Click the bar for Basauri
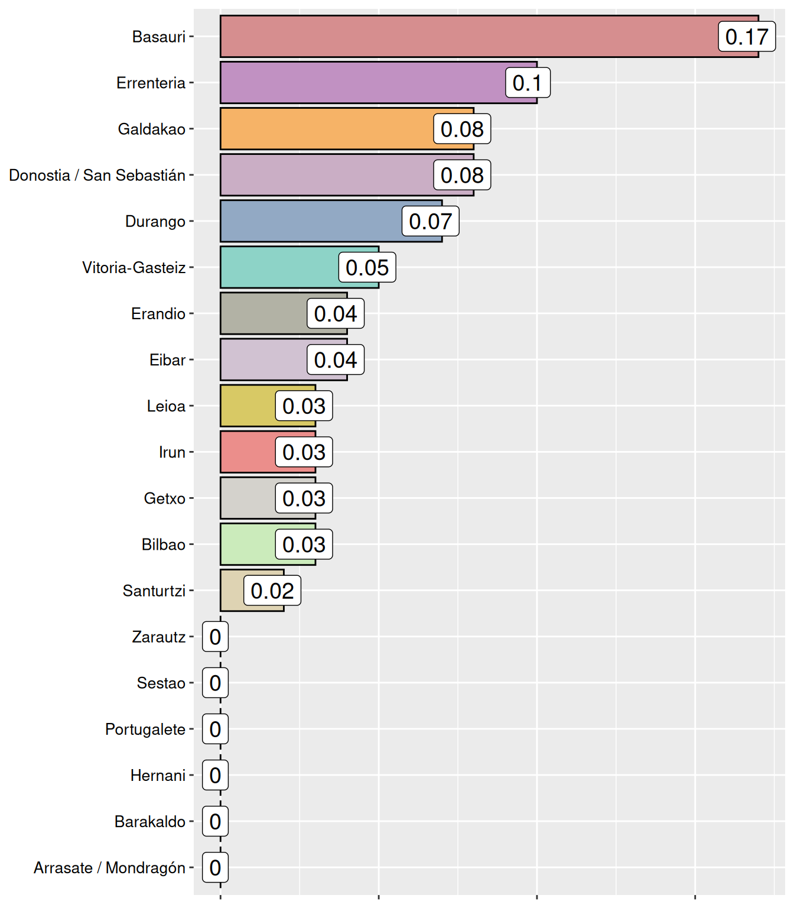point(467,37)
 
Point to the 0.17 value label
point(747,37)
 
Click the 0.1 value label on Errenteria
point(528,83)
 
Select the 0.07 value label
point(430,222)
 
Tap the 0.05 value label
point(367,268)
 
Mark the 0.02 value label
point(272,591)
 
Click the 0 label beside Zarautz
point(215,637)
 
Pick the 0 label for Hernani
point(215,775)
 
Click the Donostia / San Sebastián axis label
point(97,176)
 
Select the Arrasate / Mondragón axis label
point(109,868)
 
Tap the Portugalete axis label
point(145,729)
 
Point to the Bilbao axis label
point(164,544)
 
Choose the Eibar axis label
point(167,360)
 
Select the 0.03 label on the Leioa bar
point(304,406)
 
